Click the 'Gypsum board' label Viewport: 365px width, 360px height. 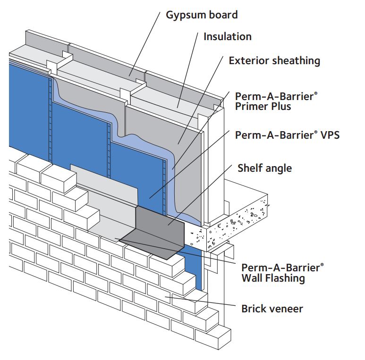pyautogui.click(x=202, y=15)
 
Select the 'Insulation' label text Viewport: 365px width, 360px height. pyautogui.click(x=227, y=36)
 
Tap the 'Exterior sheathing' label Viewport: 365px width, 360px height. pyautogui.click(x=274, y=60)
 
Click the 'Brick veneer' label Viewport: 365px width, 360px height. pyautogui.click(x=272, y=309)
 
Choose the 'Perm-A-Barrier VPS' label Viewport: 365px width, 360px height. pyautogui.click(x=287, y=134)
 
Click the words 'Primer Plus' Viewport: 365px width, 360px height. pyautogui.click(x=263, y=107)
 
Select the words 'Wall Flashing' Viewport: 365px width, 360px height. pyautogui.click(x=273, y=278)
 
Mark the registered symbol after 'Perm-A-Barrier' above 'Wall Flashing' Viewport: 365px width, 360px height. pyautogui.click(x=322, y=265)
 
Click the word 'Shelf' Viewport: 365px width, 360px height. pyautogui.click(x=250, y=168)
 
